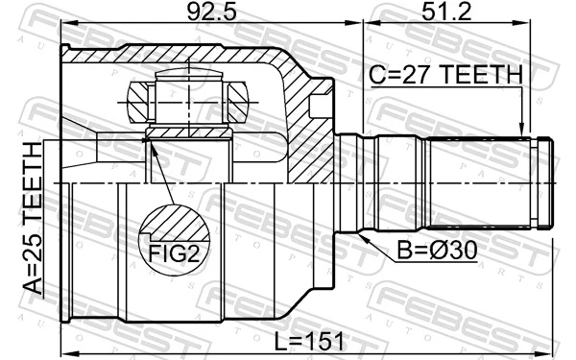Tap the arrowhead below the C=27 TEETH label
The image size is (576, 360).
(520, 133)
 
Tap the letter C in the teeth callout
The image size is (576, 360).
(378, 74)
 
